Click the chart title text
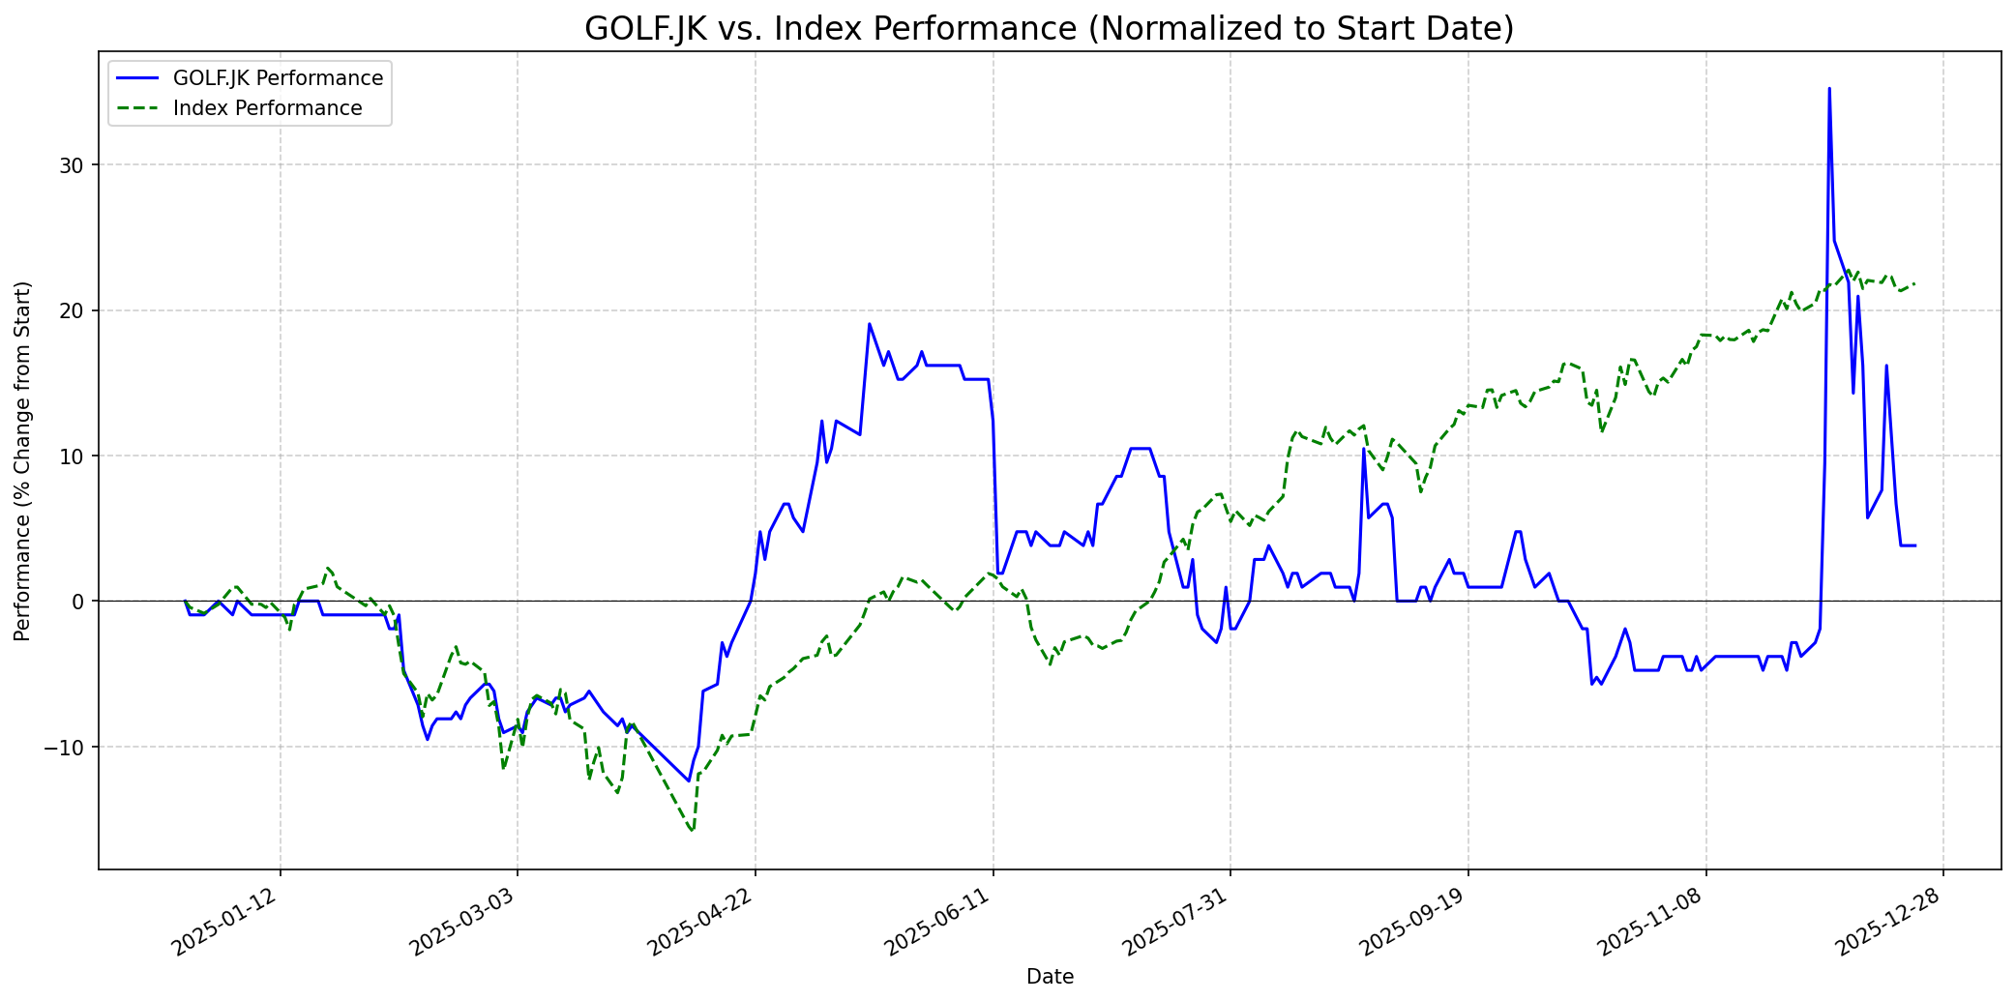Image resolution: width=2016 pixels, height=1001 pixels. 1049,29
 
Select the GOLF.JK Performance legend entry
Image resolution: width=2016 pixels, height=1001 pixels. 278,78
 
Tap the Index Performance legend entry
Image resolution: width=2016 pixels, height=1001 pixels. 267,108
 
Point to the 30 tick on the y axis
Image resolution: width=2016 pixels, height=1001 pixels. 74,165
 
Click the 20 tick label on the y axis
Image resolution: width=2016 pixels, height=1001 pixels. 74,310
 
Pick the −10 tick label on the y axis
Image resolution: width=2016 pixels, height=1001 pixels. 69,747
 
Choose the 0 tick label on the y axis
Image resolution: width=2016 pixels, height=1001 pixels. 79,602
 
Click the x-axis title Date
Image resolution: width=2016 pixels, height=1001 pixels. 1050,977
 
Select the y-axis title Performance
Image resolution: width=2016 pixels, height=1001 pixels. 23,460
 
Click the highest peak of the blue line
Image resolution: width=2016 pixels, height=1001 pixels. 1828,89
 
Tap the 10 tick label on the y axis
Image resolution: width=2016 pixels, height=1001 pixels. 74,456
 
